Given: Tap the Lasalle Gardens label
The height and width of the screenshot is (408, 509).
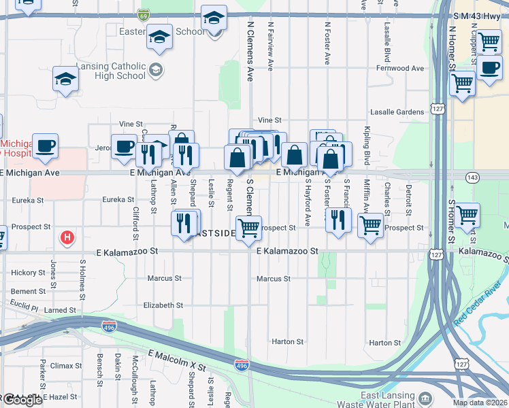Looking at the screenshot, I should click(x=397, y=112).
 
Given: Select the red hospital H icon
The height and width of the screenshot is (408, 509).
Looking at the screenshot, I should click(x=67, y=237).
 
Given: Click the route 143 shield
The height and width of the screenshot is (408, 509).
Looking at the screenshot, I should click(x=471, y=177).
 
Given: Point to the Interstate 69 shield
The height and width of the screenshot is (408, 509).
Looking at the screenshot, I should click(x=143, y=14).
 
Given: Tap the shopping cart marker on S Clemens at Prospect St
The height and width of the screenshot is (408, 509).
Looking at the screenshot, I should click(x=248, y=228).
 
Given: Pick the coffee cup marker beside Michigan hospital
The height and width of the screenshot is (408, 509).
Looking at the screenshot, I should click(x=46, y=146).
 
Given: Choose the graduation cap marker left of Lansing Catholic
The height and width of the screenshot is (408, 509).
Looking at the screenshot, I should click(x=66, y=79).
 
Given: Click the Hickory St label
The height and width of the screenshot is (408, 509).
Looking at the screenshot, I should click(x=28, y=273).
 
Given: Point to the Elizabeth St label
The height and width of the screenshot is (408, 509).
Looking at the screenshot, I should click(x=163, y=306).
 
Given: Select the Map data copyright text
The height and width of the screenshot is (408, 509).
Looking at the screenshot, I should click(x=480, y=403).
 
